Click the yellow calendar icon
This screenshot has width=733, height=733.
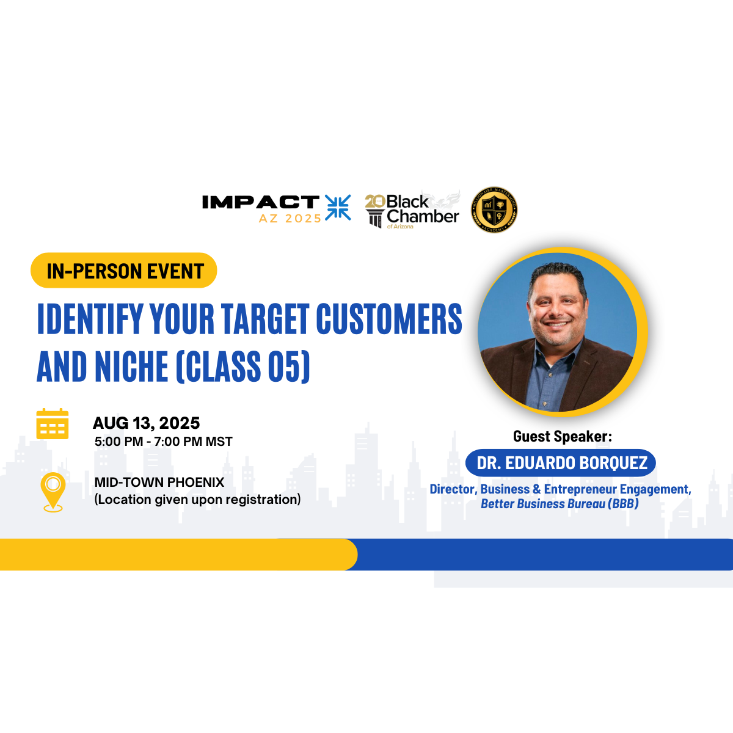[53, 424]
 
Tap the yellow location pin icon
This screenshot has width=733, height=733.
[53, 492]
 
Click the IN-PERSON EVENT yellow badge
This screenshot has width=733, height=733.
[123, 271]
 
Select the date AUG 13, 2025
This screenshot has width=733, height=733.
[147, 423]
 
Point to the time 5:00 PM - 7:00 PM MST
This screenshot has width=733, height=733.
[164, 442]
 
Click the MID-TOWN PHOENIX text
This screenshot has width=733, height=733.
[159, 483]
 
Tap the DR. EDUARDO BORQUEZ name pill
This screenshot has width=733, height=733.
[561, 463]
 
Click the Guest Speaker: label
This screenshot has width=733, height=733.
[563, 437]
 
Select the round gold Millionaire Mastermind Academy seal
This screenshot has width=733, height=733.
[494, 210]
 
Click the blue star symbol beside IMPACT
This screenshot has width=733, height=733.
[338, 208]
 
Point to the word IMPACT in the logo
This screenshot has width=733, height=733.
[261, 202]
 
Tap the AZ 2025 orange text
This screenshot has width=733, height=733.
[290, 218]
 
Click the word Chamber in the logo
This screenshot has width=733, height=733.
[423, 216]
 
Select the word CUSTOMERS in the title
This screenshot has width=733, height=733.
[389, 319]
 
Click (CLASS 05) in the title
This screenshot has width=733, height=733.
[243, 366]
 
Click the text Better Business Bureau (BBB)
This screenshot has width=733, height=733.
[560, 503]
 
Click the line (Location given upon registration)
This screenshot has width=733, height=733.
[197, 500]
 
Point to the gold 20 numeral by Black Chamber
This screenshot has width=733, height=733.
[375, 202]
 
